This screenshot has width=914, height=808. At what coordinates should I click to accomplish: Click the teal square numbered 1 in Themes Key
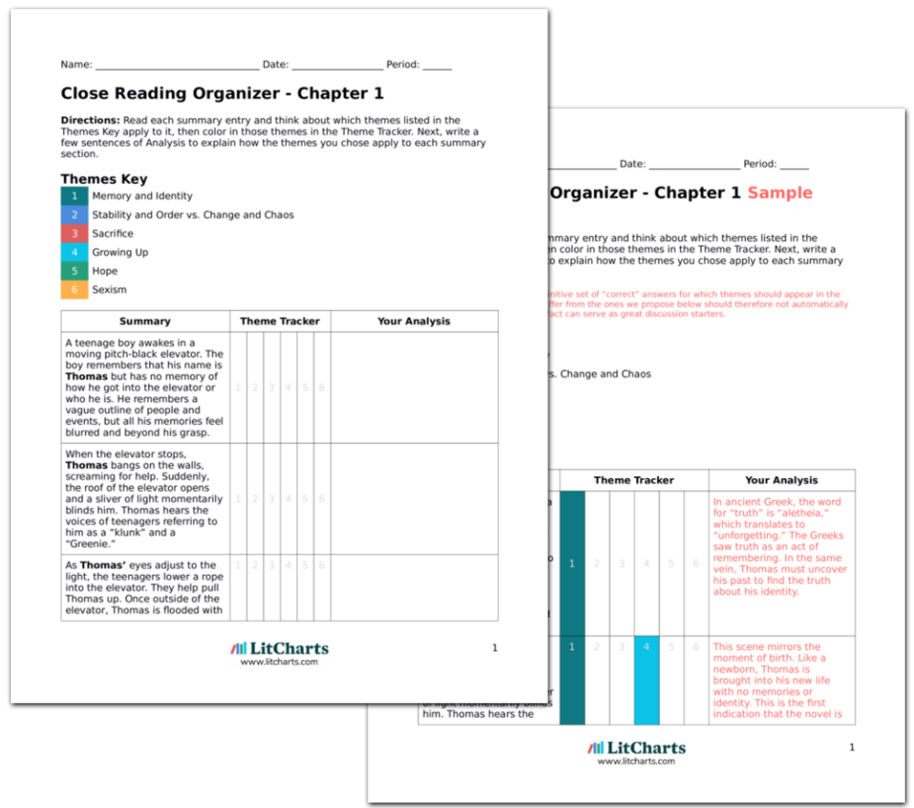click(75, 196)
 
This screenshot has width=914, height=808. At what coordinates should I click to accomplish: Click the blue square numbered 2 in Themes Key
click(75, 215)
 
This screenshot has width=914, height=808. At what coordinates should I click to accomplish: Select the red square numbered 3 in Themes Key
click(75, 233)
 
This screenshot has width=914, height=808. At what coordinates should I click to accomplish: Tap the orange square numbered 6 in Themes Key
click(75, 290)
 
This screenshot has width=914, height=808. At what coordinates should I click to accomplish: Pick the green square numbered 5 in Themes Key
click(75, 271)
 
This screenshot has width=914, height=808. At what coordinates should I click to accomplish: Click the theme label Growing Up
click(120, 252)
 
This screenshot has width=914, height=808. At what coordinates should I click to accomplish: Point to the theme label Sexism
click(109, 290)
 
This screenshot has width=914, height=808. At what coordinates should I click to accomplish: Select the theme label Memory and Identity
click(142, 196)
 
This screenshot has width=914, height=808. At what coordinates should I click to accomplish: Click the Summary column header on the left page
click(144, 322)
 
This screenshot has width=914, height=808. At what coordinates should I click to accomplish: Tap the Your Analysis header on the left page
click(413, 322)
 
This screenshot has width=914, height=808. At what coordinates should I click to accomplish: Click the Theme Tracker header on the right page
click(633, 480)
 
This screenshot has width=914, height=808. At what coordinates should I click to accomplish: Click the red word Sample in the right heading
click(780, 193)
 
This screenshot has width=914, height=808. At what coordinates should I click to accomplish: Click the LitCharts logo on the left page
click(279, 650)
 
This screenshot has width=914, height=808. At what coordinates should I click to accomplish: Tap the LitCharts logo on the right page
click(636, 749)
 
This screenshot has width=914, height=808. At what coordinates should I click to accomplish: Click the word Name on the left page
click(75, 65)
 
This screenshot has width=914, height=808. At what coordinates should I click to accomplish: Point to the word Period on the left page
click(402, 65)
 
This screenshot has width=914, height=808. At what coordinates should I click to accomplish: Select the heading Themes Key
click(103, 179)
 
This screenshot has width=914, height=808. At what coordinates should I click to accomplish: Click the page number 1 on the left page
click(494, 648)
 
